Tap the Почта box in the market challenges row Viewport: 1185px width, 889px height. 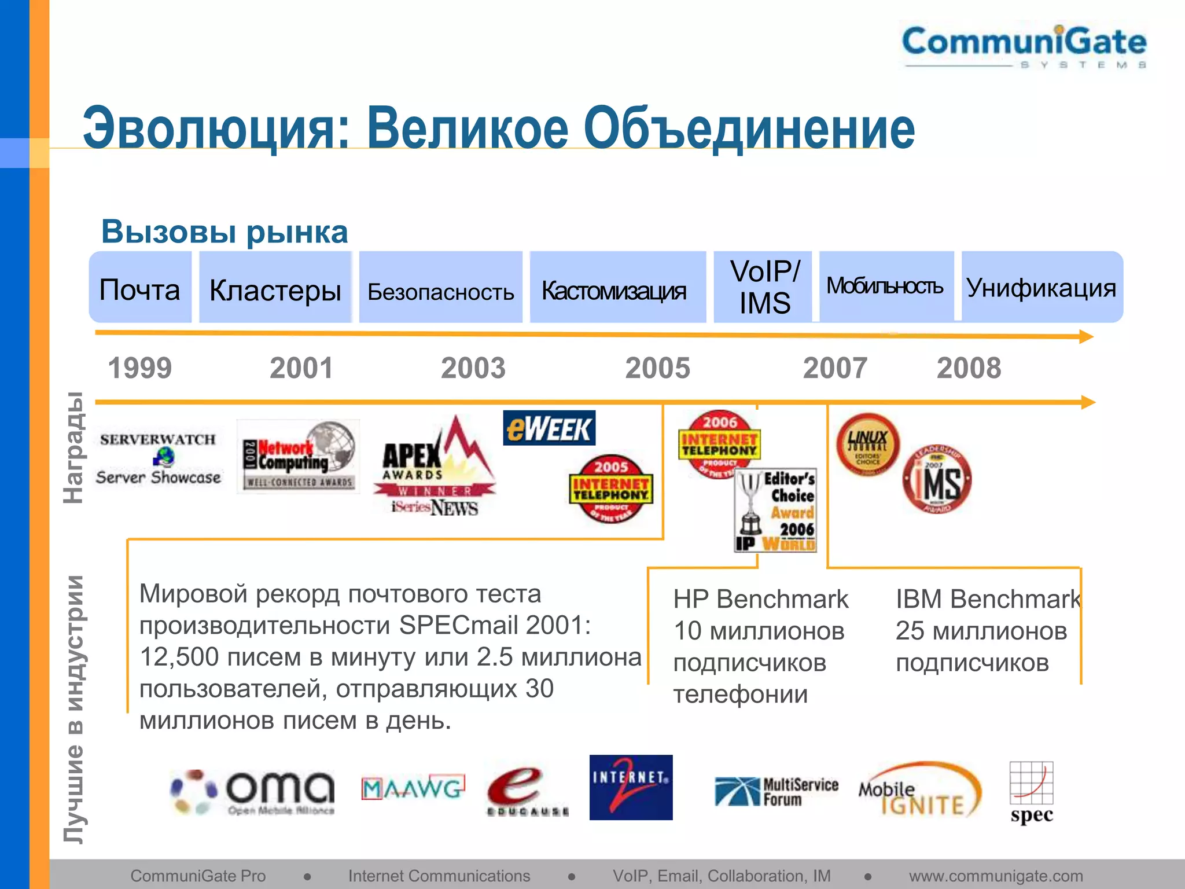(x=140, y=288)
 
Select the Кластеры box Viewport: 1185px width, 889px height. (x=275, y=288)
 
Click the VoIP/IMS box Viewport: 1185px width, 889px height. (x=764, y=287)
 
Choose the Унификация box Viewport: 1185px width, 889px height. (x=1042, y=287)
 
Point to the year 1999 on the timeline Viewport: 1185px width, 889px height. (x=140, y=368)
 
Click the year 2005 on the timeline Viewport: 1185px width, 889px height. (x=657, y=368)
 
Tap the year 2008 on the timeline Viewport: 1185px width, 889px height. (x=969, y=368)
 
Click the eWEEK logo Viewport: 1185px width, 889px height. (x=549, y=428)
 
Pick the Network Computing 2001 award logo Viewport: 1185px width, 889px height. (x=299, y=457)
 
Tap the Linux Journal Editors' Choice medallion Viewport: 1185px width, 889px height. (x=867, y=444)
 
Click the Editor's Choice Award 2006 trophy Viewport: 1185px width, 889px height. (x=775, y=510)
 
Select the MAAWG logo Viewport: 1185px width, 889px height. (x=413, y=788)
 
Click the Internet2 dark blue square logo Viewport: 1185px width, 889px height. (x=631, y=787)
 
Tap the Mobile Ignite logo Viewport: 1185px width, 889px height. (x=920, y=790)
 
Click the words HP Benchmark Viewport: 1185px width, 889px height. (x=760, y=600)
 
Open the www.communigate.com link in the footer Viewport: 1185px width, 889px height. (x=995, y=876)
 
